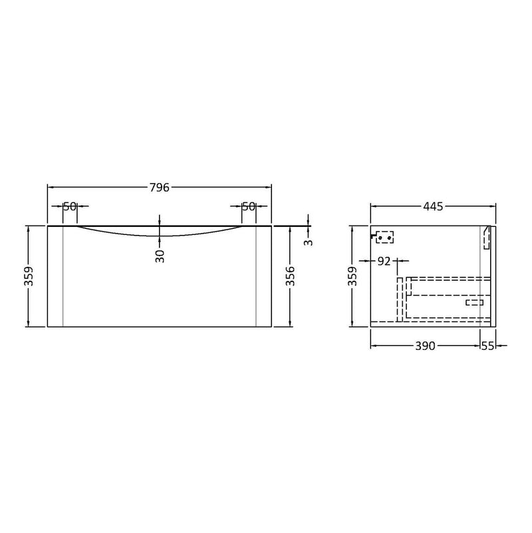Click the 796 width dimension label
(160, 187)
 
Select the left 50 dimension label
(70, 206)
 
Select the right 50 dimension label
(249, 206)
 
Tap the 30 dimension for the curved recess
(160, 256)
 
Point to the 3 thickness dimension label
(309, 243)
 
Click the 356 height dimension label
(291, 276)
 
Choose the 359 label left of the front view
(29, 276)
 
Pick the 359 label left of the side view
(354, 276)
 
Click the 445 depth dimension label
(433, 206)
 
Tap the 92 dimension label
(384, 262)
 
